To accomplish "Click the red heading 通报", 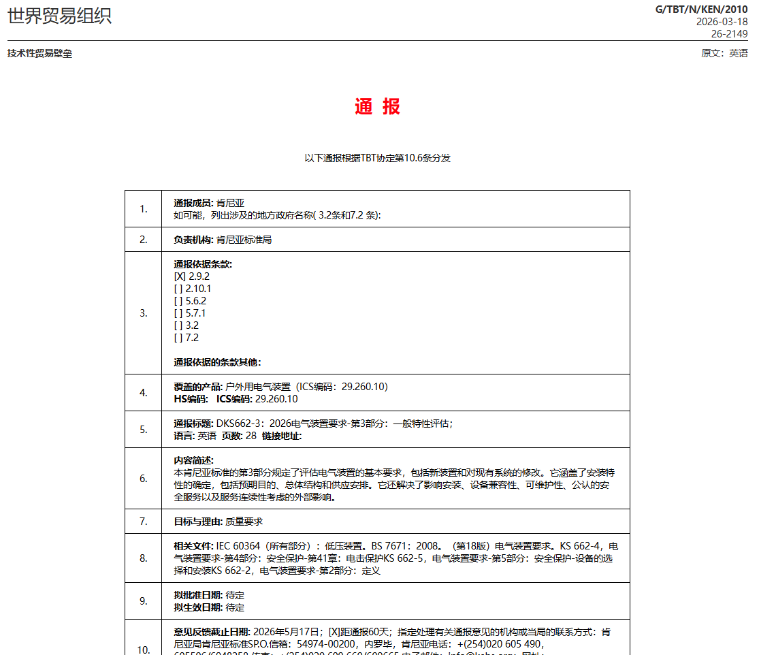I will pyautogui.click(x=377, y=107).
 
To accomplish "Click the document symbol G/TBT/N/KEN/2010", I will pyautogui.click(x=701, y=9).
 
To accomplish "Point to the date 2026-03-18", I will pyautogui.click(x=722, y=21).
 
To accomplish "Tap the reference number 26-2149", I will pyautogui.click(x=729, y=33).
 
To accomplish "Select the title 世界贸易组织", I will pyautogui.click(x=59, y=16).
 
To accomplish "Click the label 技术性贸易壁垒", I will pyautogui.click(x=39, y=54).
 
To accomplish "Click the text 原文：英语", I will pyautogui.click(x=724, y=53).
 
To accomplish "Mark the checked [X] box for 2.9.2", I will pyautogui.click(x=180, y=276).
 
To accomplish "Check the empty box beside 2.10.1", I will pyautogui.click(x=178, y=289).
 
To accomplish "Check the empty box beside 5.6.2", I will pyautogui.click(x=178, y=301).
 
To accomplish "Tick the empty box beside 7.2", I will pyautogui.click(x=178, y=338).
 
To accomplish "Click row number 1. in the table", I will pyautogui.click(x=144, y=209).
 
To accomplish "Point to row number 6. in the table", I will pyautogui.click(x=144, y=479).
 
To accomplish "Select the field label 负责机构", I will pyautogui.click(x=193, y=240).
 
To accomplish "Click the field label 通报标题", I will pyautogui.click(x=193, y=424).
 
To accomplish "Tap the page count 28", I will pyautogui.click(x=251, y=436).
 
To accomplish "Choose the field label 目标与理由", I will pyautogui.click(x=198, y=522).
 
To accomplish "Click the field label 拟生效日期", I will pyautogui.click(x=198, y=607).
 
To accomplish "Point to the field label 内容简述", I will pyautogui.click(x=193, y=460).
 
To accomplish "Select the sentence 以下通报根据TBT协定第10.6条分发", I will pyautogui.click(x=377, y=158).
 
